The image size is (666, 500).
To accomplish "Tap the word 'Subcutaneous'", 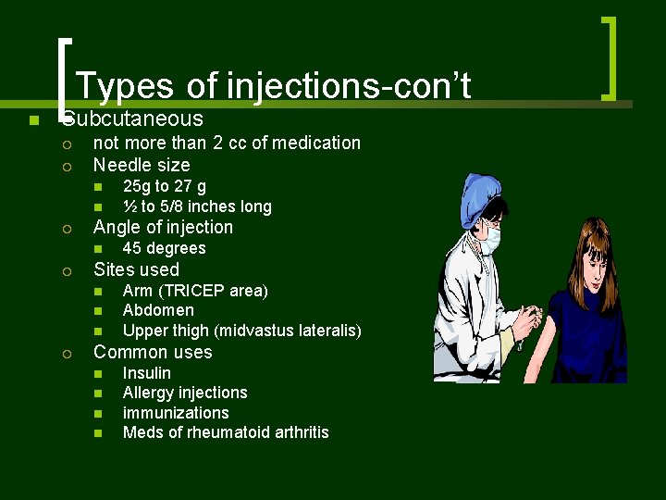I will tap(133, 119).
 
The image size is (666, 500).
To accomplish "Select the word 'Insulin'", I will tap(146, 372).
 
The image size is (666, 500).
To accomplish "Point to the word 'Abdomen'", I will tap(158, 310).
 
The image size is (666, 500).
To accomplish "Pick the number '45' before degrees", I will tap(132, 248).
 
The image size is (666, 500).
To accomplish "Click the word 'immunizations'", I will tap(175, 413).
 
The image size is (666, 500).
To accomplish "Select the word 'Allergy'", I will tap(148, 393).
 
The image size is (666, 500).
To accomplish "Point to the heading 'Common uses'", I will tap(153, 352).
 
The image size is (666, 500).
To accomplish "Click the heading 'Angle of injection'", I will tap(163, 227).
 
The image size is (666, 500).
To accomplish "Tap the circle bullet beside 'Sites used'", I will tap(67, 270).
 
